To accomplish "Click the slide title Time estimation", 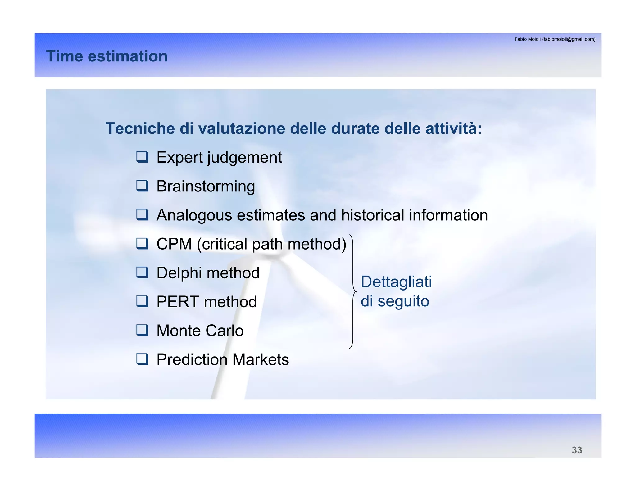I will click(107, 56).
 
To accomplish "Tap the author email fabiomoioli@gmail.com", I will click(568, 39).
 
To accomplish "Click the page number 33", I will click(577, 450).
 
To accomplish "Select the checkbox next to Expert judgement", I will click(142, 157).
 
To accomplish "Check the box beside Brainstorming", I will click(142, 186).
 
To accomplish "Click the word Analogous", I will click(194, 215).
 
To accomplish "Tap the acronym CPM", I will click(174, 244).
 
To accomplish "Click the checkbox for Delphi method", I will click(142, 273).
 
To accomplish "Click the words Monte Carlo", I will click(200, 331).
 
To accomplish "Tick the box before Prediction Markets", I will click(142, 359).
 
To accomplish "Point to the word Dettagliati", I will click(396, 282).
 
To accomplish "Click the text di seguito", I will click(395, 301).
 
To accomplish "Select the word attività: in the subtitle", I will click(453, 128).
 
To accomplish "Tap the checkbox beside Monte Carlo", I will click(142, 330).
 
